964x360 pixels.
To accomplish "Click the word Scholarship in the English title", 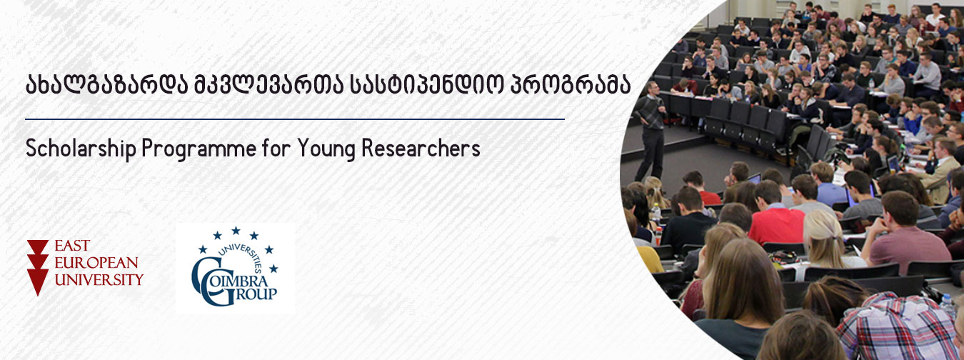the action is pos(81,149).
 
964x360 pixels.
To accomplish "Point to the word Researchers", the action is pos(421,149).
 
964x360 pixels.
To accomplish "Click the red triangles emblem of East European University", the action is pos(37,267).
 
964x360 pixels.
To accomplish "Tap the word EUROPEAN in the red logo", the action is pos(96,263).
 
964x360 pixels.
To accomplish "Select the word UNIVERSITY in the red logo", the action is pos(99,280).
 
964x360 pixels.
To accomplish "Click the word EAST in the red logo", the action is pos(72,246).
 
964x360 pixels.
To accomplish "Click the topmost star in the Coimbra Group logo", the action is pos(236,231).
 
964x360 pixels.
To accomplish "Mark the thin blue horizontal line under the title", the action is pos(295,119).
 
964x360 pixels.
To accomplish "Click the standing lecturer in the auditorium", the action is pos(651,130).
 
